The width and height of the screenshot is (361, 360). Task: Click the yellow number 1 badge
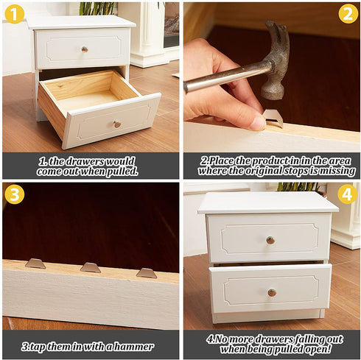pyautogui.click(x=14, y=13)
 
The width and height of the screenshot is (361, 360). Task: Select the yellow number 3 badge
pyautogui.click(x=14, y=194)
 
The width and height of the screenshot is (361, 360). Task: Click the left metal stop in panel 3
pyautogui.click(x=35, y=264)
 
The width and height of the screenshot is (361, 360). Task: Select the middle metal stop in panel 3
pyautogui.click(x=91, y=268)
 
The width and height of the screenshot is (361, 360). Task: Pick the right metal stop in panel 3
pyautogui.click(x=147, y=273)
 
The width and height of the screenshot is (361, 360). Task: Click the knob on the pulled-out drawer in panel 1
pyautogui.click(x=117, y=124)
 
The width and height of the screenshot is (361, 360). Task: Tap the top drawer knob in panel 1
pyautogui.click(x=84, y=49)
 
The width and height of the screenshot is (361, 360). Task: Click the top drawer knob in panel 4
pyautogui.click(x=270, y=240)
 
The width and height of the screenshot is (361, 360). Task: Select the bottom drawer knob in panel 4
pyautogui.click(x=272, y=292)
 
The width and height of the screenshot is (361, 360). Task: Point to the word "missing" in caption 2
pyautogui.click(x=336, y=171)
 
